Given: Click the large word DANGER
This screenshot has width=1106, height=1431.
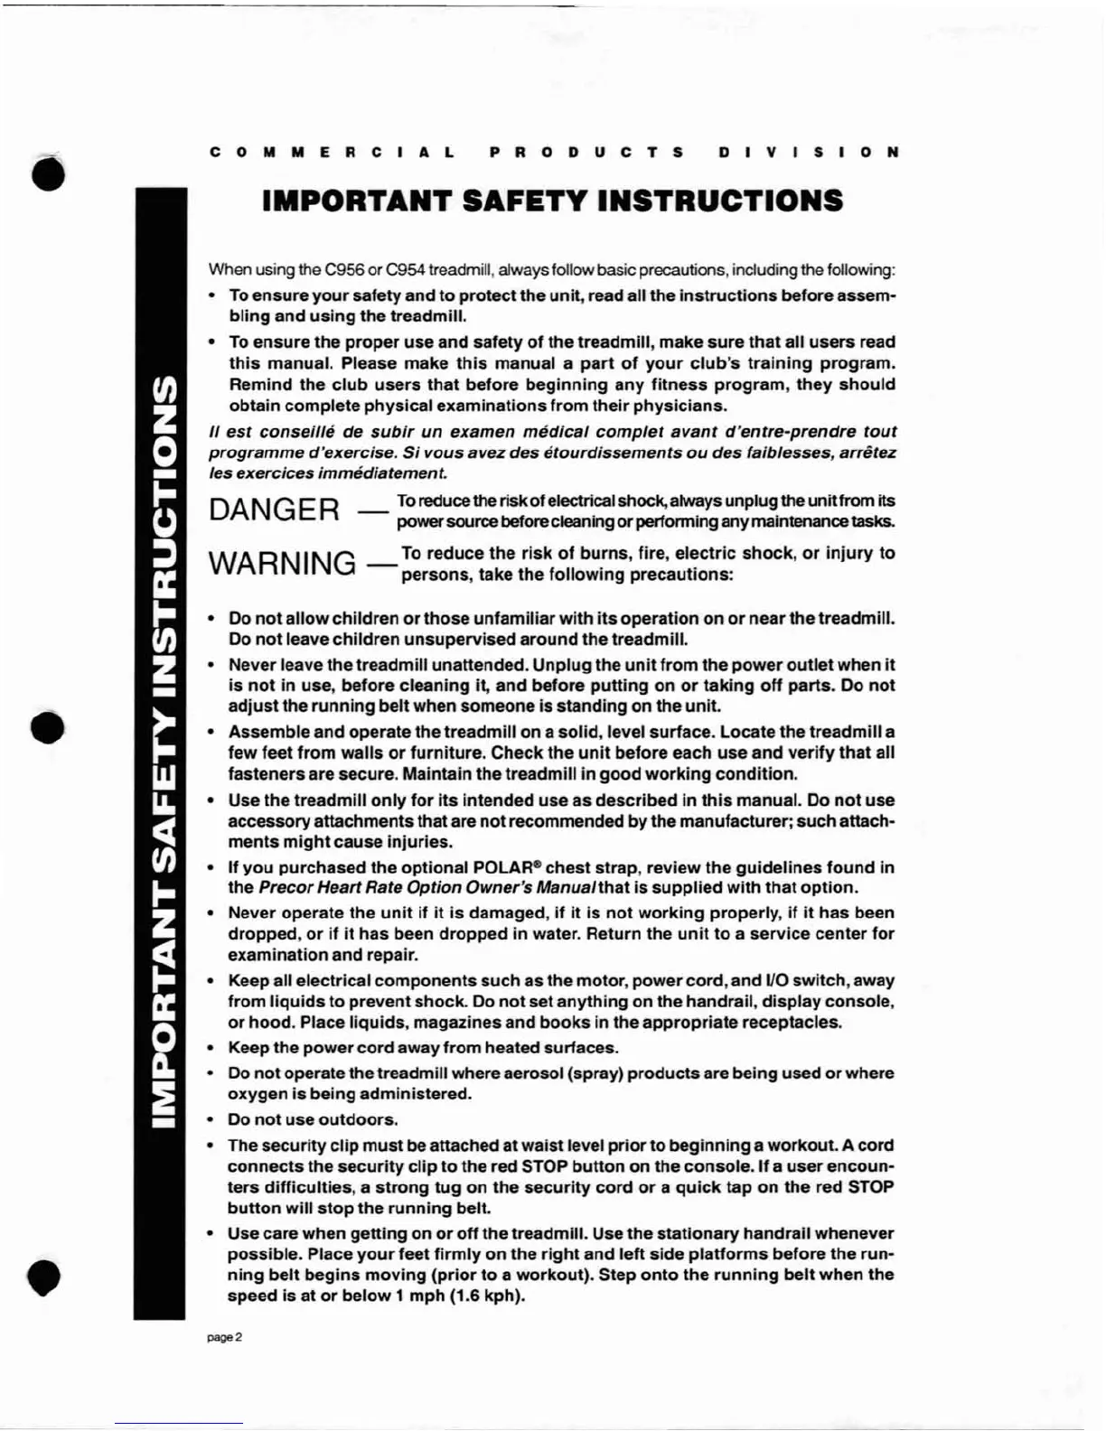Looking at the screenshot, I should click(274, 510).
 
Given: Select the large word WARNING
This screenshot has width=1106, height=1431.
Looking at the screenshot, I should click(282, 564).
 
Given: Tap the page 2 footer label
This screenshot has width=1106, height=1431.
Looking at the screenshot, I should click(224, 1337).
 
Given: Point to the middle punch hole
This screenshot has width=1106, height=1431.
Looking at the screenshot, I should click(47, 727).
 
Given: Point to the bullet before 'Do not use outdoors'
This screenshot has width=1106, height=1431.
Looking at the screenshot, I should click(211, 1120).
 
